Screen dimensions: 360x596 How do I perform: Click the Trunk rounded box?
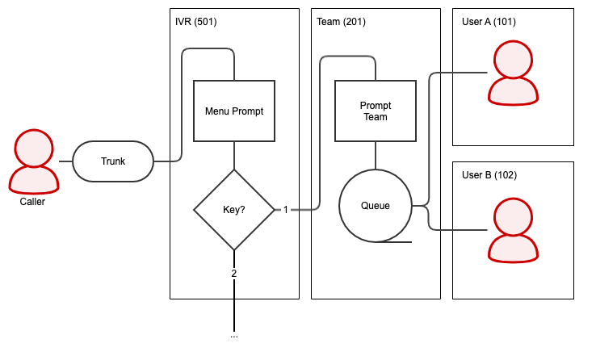tap(113, 161)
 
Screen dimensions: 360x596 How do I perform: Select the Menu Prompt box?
tap(234, 111)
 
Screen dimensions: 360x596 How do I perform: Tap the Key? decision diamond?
tap(234, 210)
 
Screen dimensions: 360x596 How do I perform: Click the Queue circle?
tap(375, 206)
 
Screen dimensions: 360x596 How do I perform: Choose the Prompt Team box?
tap(375, 111)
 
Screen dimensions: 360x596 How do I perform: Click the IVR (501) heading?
tap(195, 22)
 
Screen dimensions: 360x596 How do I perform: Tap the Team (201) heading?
tap(341, 22)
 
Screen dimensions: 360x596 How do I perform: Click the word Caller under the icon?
tap(32, 202)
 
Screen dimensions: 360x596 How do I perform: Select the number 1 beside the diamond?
tap(285, 210)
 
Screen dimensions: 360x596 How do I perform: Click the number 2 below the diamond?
tap(234, 273)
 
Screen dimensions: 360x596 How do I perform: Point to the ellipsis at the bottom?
tap(234, 335)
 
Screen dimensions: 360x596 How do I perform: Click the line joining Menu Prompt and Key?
tap(234, 156)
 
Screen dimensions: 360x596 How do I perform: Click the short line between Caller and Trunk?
tap(65, 161)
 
